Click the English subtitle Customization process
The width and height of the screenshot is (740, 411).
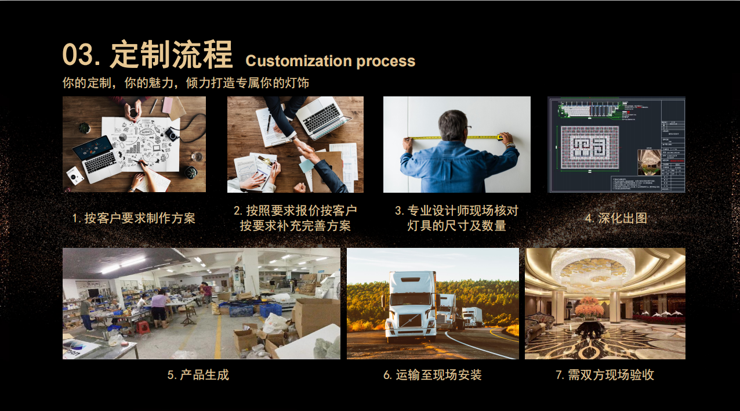tap(330, 61)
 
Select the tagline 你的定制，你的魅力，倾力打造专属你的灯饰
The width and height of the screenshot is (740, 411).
tap(186, 82)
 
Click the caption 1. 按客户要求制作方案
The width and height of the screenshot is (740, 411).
tap(134, 218)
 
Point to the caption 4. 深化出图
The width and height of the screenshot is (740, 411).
tap(615, 218)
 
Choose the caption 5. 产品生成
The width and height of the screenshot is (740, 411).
tap(198, 374)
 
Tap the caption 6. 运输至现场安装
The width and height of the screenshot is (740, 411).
tap(432, 374)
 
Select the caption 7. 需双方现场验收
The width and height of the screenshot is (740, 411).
tap(604, 374)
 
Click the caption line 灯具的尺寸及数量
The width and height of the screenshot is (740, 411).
tap(456, 226)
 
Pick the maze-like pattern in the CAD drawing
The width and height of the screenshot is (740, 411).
tap(589, 148)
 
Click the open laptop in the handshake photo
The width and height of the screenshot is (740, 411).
tap(322, 116)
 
